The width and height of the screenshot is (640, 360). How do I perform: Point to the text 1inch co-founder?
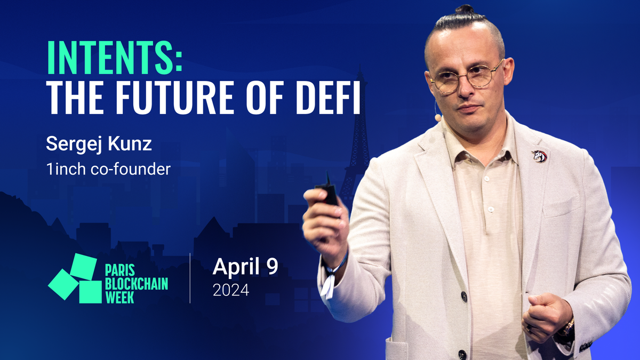coord(109,169)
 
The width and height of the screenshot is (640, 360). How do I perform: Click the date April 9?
coord(245,267)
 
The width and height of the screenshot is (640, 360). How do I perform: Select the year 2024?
coord(230,291)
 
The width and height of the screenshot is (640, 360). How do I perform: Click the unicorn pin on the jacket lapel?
coord(539,156)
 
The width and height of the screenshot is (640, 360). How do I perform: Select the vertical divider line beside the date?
coord(190,278)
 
